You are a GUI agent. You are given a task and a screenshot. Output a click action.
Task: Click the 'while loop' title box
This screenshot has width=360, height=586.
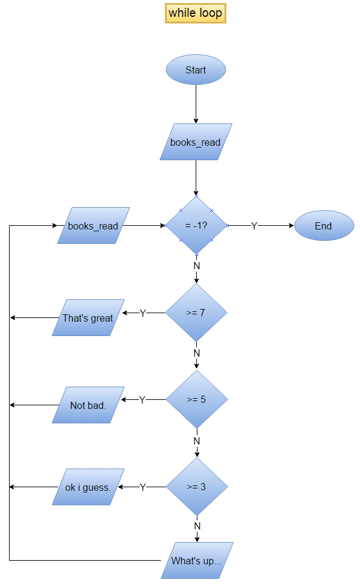point(196,13)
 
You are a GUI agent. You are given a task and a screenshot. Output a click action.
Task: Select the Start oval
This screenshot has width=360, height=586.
point(196,70)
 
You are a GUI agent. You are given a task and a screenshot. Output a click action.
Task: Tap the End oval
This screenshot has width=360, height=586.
point(323,226)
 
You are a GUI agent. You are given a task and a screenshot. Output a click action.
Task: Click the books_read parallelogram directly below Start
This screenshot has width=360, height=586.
point(196,143)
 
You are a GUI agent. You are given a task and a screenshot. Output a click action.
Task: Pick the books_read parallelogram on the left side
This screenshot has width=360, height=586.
point(93,226)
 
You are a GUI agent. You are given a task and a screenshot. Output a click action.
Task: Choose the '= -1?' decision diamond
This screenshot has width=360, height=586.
point(196,226)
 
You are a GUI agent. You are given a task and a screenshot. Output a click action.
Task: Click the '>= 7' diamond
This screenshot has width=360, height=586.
point(196,313)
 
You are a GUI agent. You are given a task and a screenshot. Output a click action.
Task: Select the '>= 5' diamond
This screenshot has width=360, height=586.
point(196,399)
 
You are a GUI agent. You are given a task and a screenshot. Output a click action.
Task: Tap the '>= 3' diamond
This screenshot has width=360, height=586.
point(196,487)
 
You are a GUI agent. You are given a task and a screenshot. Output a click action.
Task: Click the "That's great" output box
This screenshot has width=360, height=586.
point(88,318)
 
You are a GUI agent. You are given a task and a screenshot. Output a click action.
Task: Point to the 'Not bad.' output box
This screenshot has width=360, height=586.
point(88,405)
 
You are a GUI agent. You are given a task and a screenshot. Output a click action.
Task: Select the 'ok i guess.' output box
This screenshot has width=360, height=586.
point(88,487)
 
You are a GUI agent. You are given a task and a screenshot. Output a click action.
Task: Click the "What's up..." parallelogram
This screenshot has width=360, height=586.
point(197,561)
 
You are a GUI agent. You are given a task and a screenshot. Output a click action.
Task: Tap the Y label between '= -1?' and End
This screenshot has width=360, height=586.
point(254,226)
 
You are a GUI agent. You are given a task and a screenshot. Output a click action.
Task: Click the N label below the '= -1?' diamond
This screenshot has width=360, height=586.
point(196,265)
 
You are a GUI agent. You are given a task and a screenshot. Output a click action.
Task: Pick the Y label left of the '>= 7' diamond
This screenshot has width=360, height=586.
point(143,313)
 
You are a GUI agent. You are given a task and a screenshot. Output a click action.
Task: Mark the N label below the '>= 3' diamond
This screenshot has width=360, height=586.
point(197,526)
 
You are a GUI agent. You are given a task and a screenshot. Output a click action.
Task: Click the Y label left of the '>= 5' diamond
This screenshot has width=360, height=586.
point(142,400)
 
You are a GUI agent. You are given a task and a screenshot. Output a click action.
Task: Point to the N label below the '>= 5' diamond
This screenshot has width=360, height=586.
point(197,440)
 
